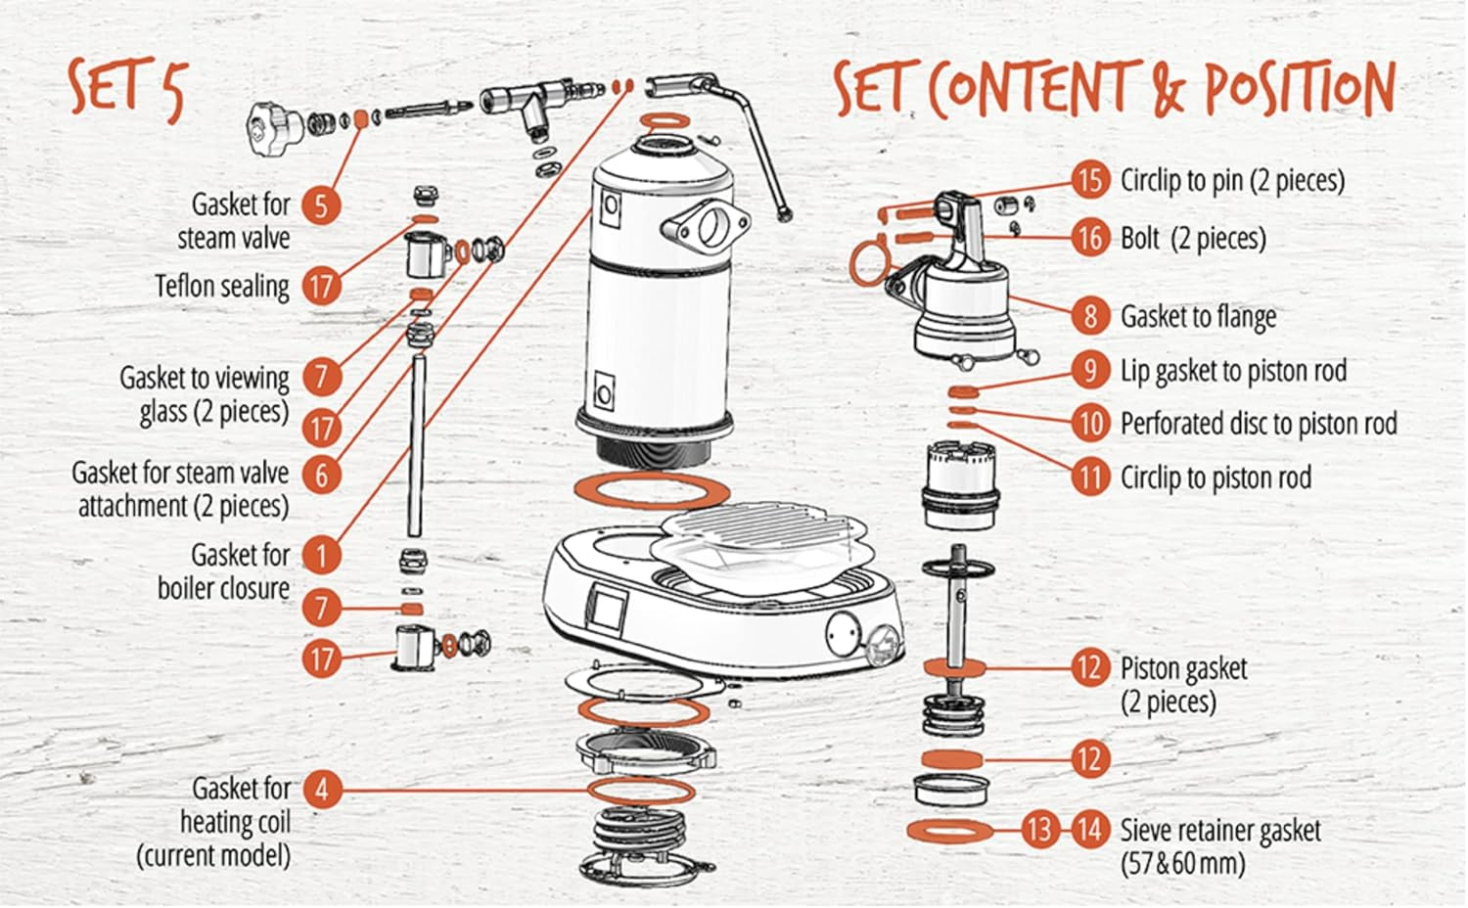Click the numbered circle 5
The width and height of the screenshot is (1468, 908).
pyautogui.click(x=320, y=205)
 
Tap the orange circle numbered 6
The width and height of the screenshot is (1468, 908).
pyautogui.click(x=321, y=476)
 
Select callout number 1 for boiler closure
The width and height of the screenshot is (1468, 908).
pyautogui.click(x=321, y=555)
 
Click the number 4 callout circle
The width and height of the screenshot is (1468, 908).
pyautogui.click(x=322, y=789)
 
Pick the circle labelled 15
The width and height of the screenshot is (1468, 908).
pyautogui.click(x=1089, y=180)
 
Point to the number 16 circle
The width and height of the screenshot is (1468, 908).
pyautogui.click(x=1089, y=238)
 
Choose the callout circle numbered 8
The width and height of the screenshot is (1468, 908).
pyautogui.click(x=1089, y=316)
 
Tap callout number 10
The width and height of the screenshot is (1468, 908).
pyautogui.click(x=1089, y=424)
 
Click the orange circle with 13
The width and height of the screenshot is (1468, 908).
pyautogui.click(x=1038, y=831)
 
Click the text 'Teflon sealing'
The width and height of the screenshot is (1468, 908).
pyautogui.click(x=222, y=287)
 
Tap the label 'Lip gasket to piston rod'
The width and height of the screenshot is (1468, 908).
pyautogui.click(x=1233, y=371)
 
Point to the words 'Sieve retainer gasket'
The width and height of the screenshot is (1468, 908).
pyautogui.click(x=1220, y=832)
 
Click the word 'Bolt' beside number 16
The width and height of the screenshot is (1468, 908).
pyautogui.click(x=1140, y=238)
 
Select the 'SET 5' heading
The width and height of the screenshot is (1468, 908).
pyautogui.click(x=125, y=86)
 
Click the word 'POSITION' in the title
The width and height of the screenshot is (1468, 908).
pyautogui.click(x=1298, y=88)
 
